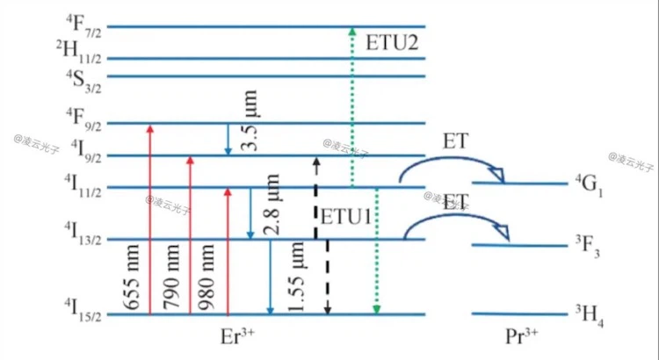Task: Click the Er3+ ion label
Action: point(238,339)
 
